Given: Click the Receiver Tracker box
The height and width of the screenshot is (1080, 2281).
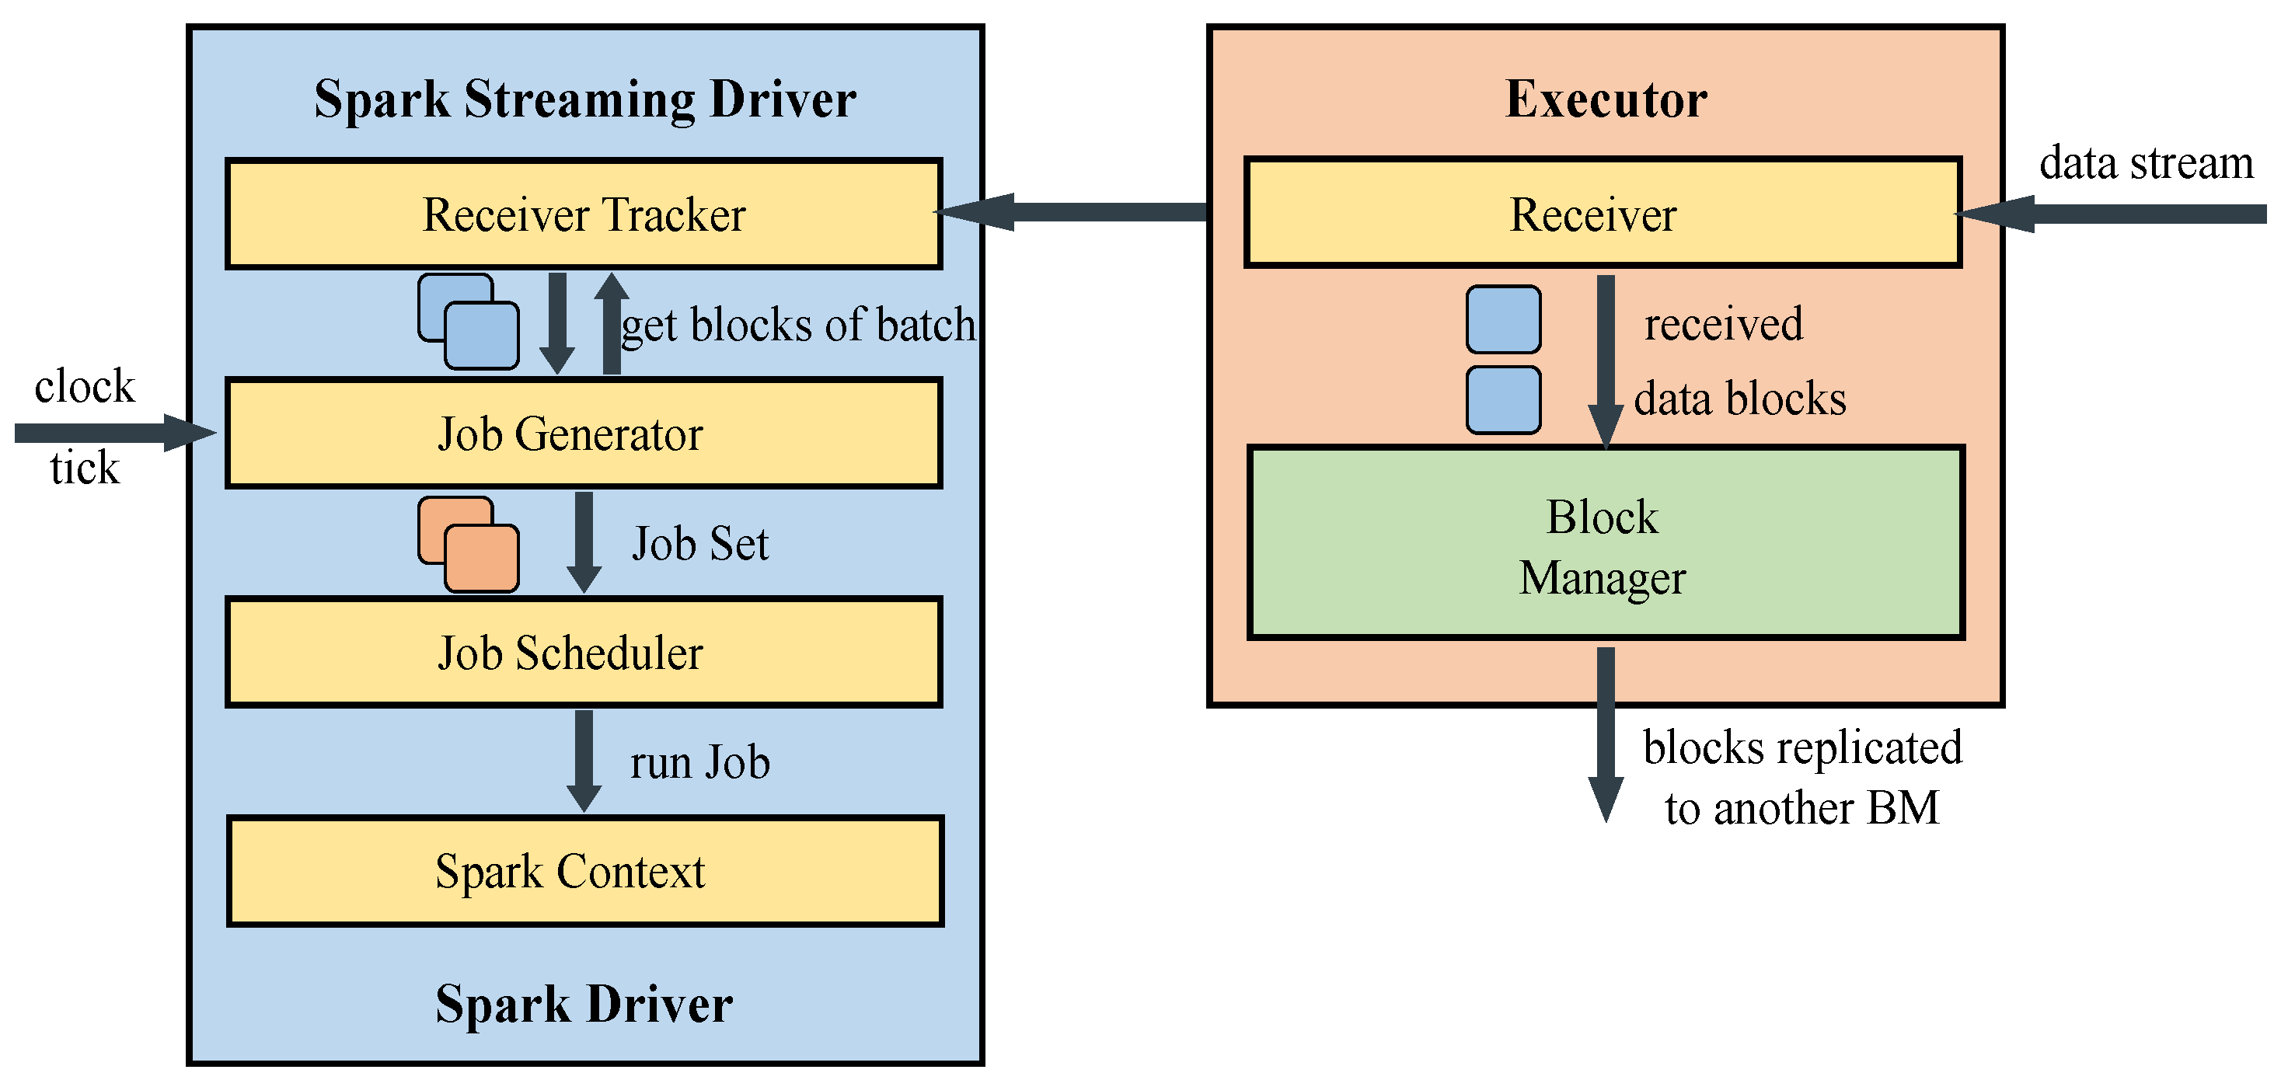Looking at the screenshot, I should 584,214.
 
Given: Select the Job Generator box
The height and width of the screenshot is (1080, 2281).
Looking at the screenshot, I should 584,434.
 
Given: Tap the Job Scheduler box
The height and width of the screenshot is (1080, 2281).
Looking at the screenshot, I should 584,653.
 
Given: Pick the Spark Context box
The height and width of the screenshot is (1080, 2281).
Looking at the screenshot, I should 584,871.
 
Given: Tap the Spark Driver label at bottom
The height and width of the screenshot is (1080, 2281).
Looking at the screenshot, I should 584,1004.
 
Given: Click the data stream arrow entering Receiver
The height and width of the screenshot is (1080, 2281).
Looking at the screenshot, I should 2125,214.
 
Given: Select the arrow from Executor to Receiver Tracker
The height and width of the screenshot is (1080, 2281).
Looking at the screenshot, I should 1089,211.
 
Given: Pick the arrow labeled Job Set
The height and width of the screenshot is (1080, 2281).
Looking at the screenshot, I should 584,541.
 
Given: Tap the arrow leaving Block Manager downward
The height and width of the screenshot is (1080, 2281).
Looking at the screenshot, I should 1606,730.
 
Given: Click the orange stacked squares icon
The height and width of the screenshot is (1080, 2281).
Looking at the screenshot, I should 469,544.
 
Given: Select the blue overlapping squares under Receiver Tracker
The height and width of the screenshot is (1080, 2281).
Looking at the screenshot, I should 469,322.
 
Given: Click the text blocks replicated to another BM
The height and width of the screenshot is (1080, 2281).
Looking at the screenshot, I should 1802,777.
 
